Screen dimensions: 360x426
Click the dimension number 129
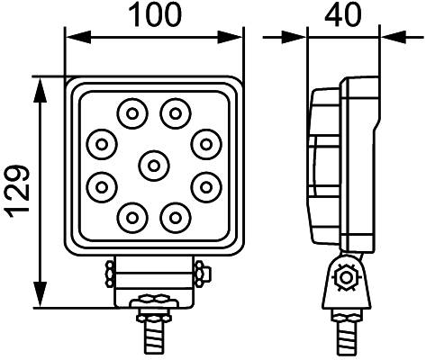[x=18, y=191]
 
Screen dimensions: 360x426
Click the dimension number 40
[x=343, y=15]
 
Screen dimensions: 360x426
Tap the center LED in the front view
[x=154, y=164]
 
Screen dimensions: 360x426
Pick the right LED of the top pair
[x=175, y=112]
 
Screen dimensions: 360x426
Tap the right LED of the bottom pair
[x=175, y=215]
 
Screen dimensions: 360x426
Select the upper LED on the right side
[x=206, y=142]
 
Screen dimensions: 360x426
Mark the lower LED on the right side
[x=206, y=185]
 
